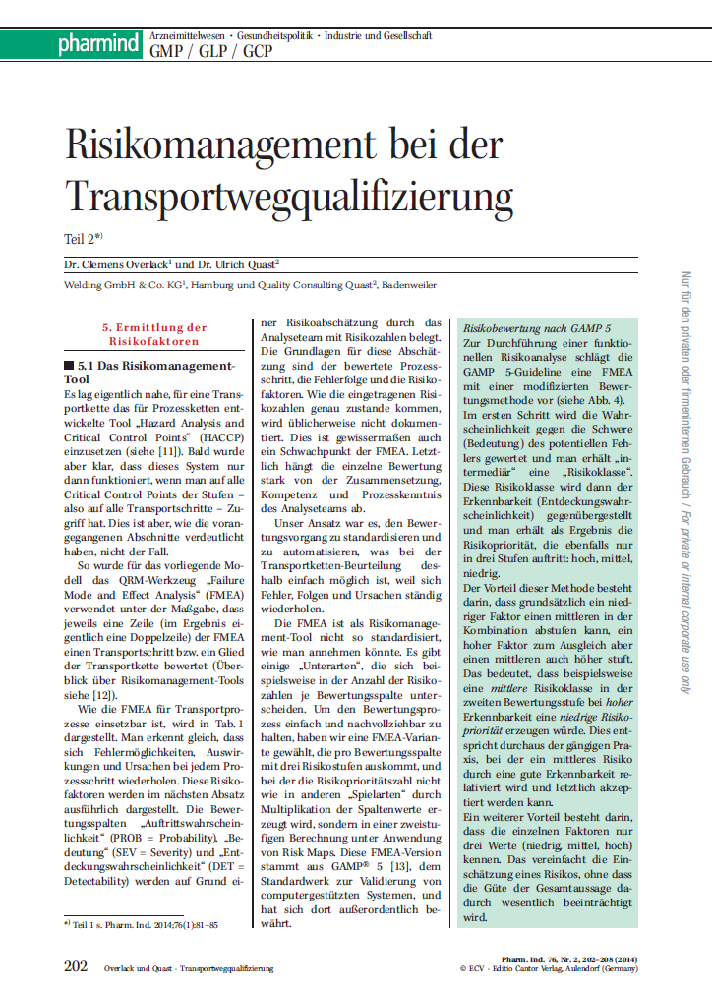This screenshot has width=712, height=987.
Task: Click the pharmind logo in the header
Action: coord(98,43)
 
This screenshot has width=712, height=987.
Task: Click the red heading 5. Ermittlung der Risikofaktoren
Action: coord(154,333)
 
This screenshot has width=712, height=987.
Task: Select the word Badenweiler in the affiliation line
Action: coord(407,285)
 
